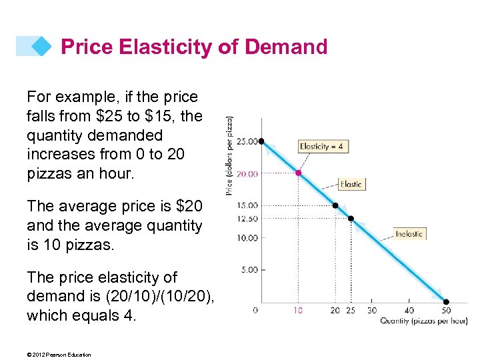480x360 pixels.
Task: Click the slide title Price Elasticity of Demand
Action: pos(194,47)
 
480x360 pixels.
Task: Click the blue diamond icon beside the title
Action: pos(41,46)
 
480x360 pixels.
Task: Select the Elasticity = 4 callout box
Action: pos(323,146)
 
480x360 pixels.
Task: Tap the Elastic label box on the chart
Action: pos(351,184)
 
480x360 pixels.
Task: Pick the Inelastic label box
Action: pos(409,233)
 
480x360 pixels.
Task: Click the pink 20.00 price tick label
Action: pos(246,173)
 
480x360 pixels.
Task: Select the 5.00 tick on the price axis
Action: pos(248,269)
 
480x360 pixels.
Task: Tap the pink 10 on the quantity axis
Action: pos(298,310)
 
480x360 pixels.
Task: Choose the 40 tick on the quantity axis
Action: pos(409,310)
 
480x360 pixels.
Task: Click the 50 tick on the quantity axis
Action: pos(446,310)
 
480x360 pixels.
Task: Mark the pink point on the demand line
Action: pos(299,173)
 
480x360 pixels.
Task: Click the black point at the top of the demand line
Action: pos(261,141)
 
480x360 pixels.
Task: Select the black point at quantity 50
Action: pos(446,301)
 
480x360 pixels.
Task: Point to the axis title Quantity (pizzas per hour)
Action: pos(423,321)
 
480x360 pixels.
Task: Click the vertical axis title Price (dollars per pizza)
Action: pos(230,156)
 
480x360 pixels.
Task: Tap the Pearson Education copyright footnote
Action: pos(59,355)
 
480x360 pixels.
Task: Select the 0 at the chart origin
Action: pos(255,310)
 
